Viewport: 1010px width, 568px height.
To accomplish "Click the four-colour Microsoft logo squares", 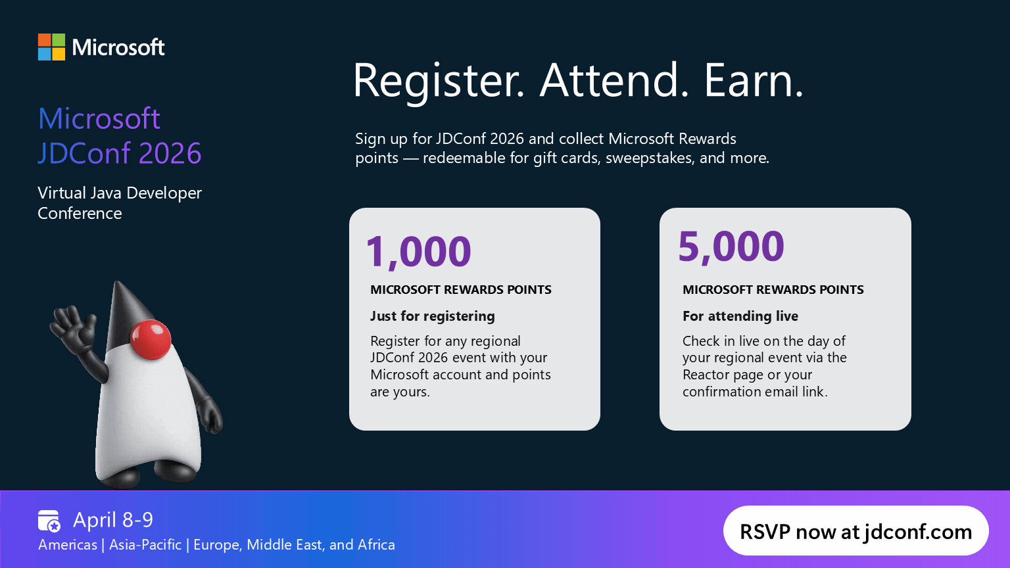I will (51, 47).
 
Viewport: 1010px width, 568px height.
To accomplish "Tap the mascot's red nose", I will (151, 339).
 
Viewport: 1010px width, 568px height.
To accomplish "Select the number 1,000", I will (418, 251).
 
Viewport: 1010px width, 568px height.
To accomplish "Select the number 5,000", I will (731, 247).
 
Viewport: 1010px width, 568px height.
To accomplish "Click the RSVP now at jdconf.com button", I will (855, 531).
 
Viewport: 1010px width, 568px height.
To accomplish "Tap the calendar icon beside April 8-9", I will (49, 521).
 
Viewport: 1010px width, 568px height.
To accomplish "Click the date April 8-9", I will (113, 520).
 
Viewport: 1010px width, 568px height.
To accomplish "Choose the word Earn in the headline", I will (753, 80).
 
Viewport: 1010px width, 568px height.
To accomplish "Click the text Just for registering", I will (432, 316).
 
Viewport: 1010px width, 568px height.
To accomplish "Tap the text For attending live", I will (740, 316).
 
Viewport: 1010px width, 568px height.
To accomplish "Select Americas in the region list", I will (68, 545).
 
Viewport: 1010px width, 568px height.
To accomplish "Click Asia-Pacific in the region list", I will (145, 545).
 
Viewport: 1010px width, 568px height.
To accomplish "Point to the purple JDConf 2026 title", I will (120, 153).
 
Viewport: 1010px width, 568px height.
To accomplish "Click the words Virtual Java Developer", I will (120, 193).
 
